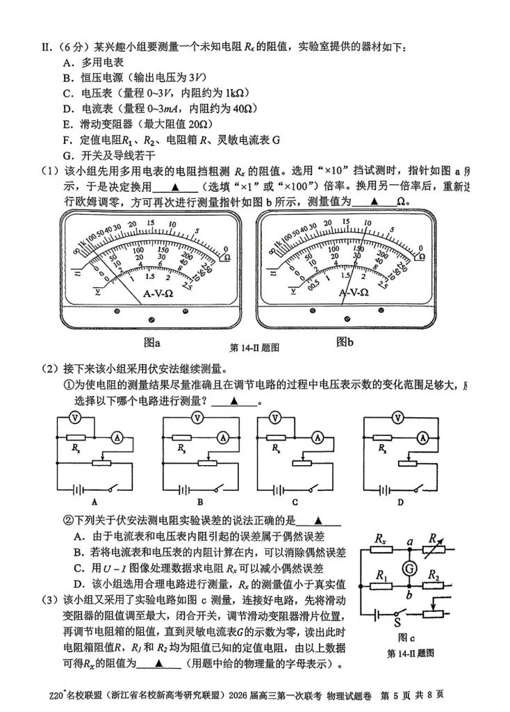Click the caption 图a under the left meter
click(x=151, y=342)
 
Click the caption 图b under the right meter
click(x=345, y=341)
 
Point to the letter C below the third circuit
click(x=294, y=501)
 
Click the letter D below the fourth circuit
click(x=400, y=501)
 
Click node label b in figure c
click(x=409, y=592)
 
